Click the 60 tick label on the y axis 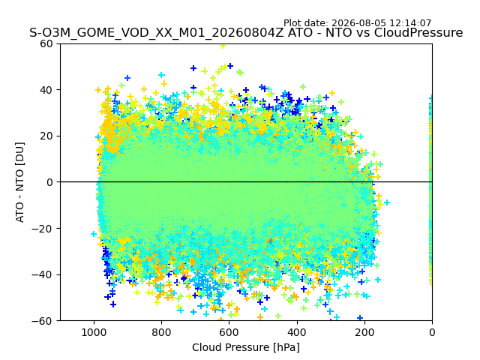coord(46,43)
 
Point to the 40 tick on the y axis coord(46,90)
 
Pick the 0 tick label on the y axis coord(49,182)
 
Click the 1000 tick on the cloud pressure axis coord(94,332)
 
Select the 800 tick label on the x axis coord(162,332)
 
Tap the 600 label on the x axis coord(229,332)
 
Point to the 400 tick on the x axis coord(297,332)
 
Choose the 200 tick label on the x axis coord(364,332)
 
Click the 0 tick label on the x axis coord(432,332)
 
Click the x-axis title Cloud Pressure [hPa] coord(246,347)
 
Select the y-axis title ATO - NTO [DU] coord(19,182)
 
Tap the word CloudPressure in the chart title coord(418,32)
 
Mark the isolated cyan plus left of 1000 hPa coord(94,234)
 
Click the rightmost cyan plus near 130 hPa coord(387,202)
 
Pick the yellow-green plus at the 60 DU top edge coord(223,46)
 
